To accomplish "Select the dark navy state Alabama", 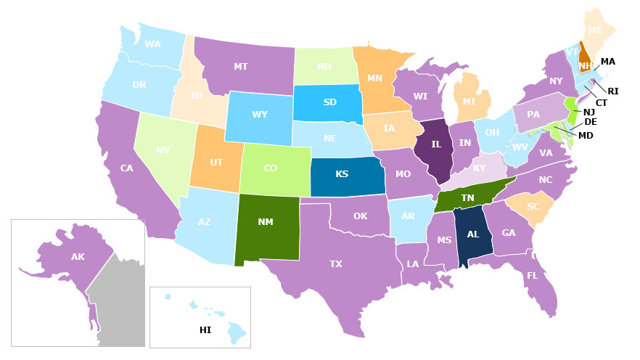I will [473, 234].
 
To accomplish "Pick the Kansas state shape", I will [342, 175].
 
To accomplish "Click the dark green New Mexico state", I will [266, 222].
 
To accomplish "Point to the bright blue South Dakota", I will [329, 102].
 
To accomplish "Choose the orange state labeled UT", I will [216, 164].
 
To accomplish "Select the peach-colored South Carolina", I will [533, 207].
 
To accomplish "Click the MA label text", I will [608, 62].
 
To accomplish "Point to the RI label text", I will [613, 91].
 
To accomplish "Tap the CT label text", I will [602, 103].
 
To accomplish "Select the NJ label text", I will [589, 112].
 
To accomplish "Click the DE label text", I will [591, 122].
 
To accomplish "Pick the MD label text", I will [586, 135].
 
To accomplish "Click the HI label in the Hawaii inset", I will [205, 330].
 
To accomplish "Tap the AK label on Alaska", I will [78, 257].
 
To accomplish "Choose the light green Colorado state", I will [270, 168].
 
